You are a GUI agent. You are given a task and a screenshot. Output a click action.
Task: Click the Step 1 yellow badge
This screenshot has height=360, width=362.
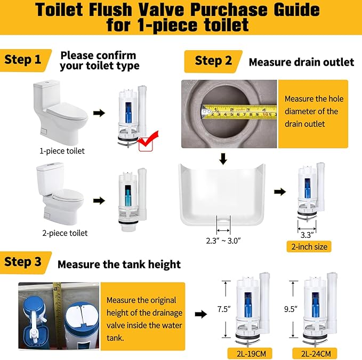[x=25, y=59]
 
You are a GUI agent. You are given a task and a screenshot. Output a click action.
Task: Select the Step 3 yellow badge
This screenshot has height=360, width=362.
[x=25, y=262]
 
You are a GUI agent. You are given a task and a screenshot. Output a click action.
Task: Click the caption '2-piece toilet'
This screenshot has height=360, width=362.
[x=65, y=233]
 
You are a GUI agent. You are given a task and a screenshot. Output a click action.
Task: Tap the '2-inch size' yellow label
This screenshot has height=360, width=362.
[x=308, y=246]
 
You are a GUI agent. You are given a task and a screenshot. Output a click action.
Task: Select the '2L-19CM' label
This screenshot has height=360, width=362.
[x=246, y=353]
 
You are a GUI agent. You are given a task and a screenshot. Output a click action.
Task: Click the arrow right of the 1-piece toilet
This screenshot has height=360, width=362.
[x=99, y=113]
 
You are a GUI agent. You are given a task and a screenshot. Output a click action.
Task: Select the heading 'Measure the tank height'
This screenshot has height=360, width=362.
[x=119, y=265]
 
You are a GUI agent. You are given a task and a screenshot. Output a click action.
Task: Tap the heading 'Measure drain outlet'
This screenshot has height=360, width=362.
[x=301, y=62]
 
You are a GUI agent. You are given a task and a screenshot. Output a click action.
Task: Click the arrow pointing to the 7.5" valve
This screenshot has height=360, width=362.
[x=200, y=314]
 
